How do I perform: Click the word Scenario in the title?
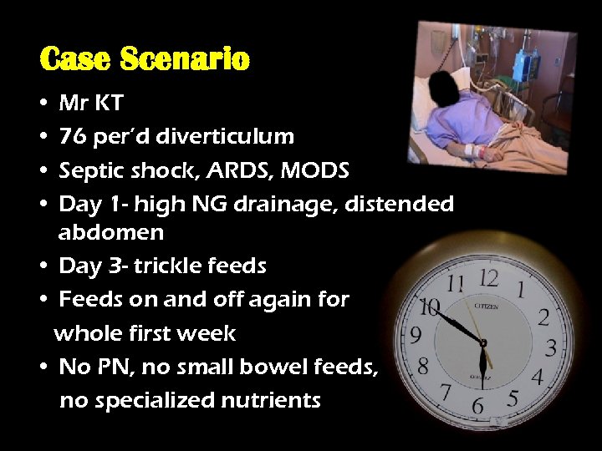pos(185,59)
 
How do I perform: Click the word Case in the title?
pos(77,59)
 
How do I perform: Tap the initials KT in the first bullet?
pos(110,104)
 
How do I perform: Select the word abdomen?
pos(111,232)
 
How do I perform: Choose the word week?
pos(212,333)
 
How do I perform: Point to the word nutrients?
pos(273,400)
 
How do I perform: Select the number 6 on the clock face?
pos(477,405)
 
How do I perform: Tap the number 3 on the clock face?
pos(551,345)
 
